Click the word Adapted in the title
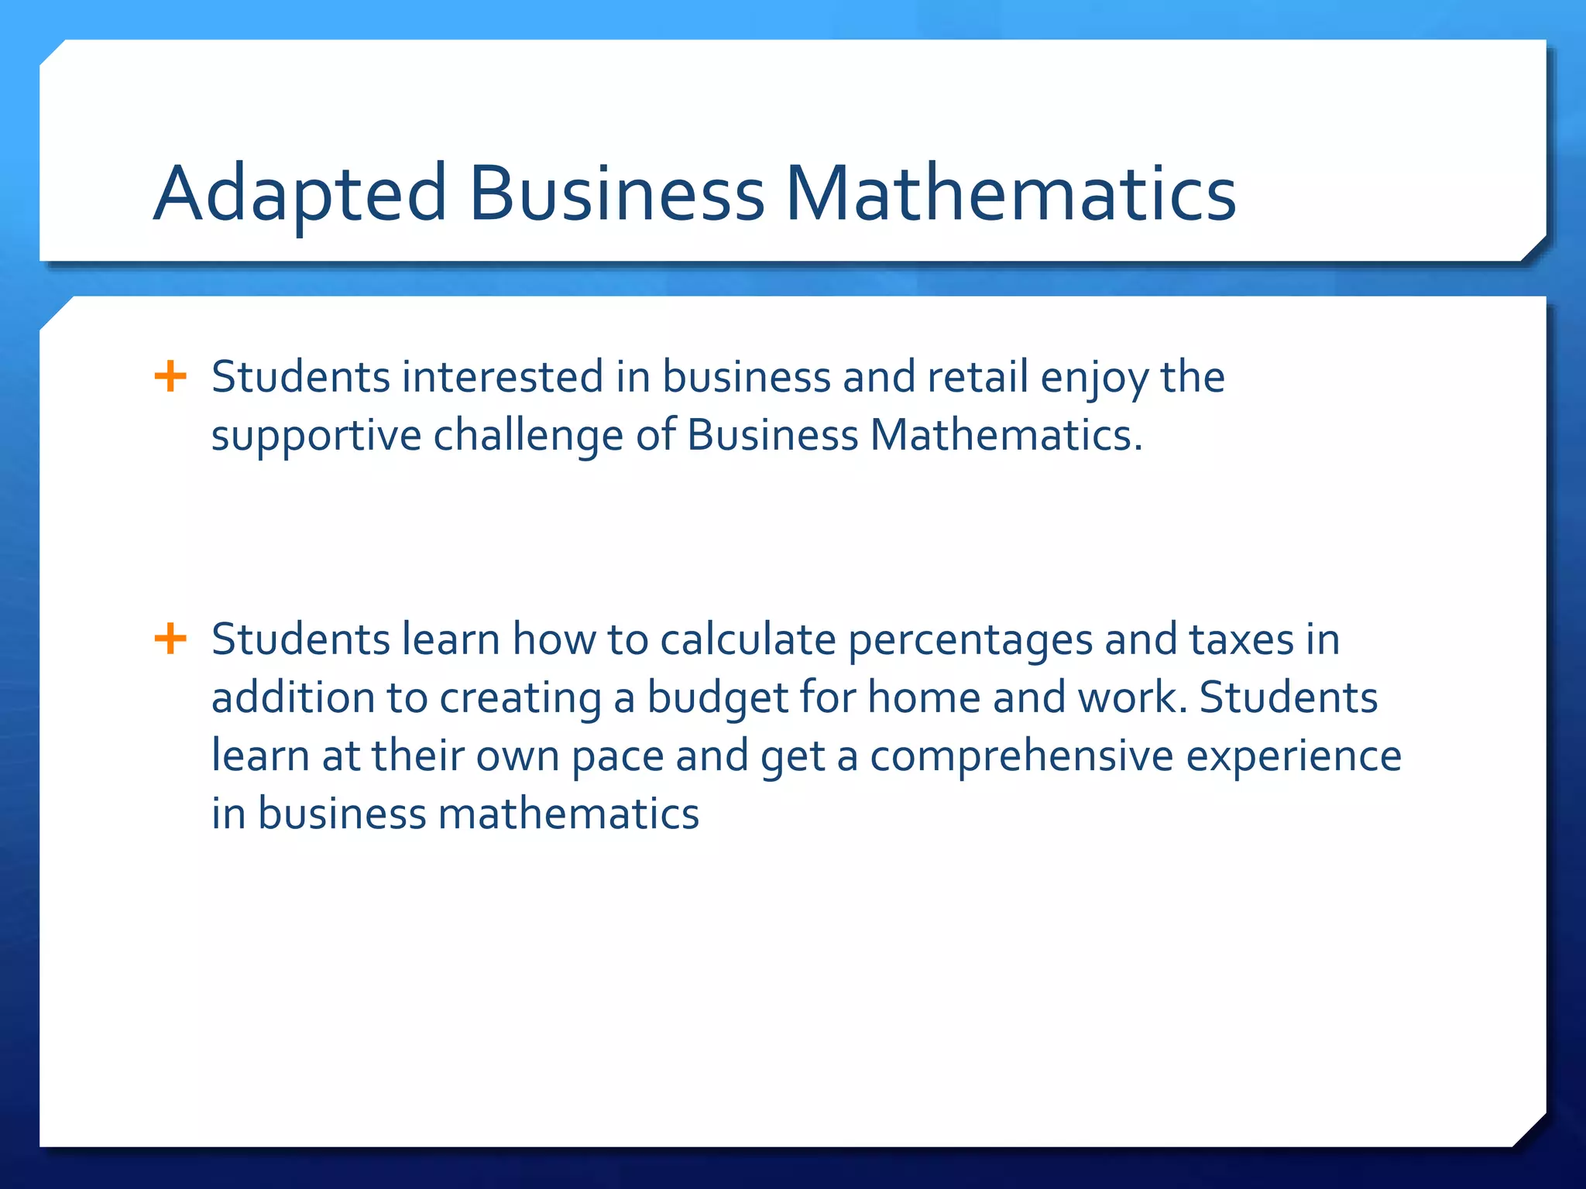click(x=300, y=194)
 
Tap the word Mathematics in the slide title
click(x=1011, y=194)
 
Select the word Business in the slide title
click(x=616, y=194)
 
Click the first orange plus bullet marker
click(x=170, y=378)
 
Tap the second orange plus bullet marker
click(x=170, y=639)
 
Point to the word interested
click(x=503, y=378)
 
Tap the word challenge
click(x=528, y=435)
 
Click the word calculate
click(x=748, y=639)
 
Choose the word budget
click(x=718, y=698)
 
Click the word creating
click(x=520, y=698)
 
